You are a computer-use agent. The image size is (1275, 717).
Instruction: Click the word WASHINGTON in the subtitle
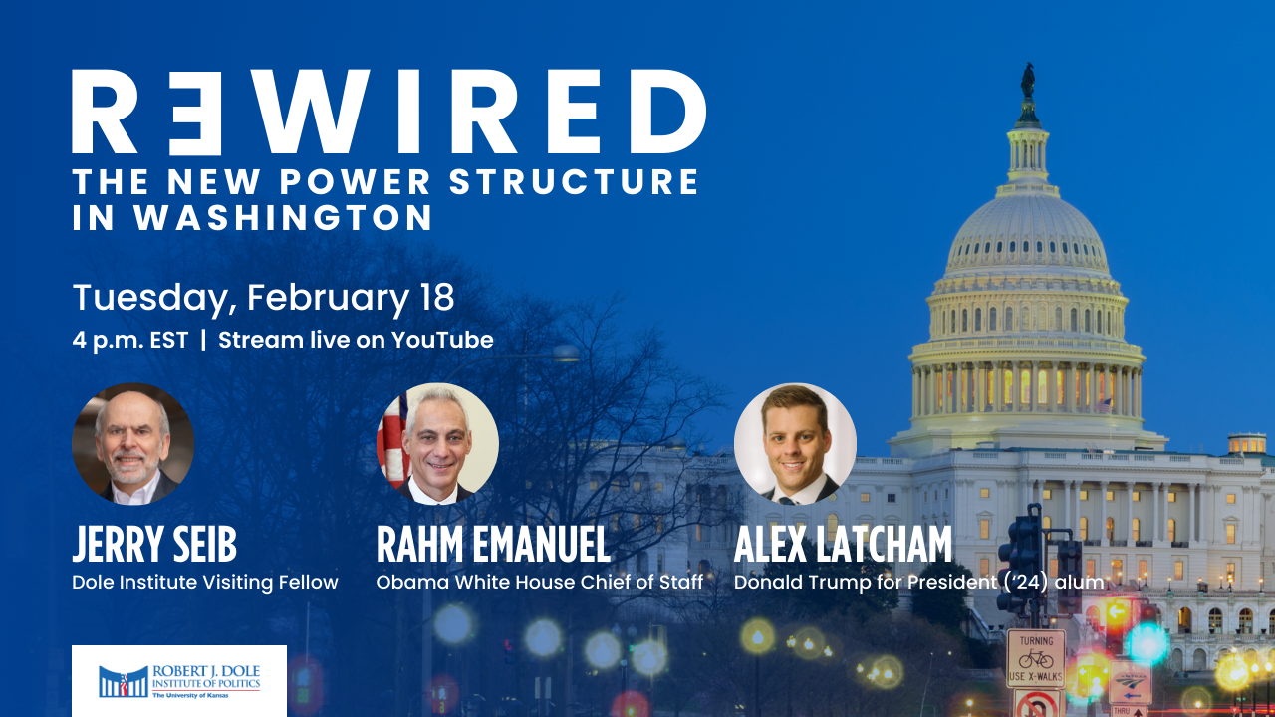(x=284, y=217)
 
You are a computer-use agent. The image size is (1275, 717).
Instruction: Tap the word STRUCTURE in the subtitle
(x=574, y=181)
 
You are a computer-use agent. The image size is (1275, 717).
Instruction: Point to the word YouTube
(x=442, y=340)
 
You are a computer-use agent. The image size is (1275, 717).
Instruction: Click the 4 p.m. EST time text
(x=129, y=341)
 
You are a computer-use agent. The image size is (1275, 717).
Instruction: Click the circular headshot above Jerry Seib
(x=133, y=444)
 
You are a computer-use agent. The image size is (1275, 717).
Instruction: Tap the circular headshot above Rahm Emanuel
(x=437, y=444)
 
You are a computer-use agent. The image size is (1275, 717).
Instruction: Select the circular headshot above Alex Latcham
(x=795, y=444)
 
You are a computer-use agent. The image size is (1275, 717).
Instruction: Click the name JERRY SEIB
(x=154, y=544)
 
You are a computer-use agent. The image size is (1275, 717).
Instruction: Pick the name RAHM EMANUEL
(x=493, y=544)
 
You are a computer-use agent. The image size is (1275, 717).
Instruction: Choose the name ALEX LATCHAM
(x=843, y=544)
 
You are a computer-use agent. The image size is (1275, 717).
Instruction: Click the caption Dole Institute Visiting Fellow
(x=205, y=583)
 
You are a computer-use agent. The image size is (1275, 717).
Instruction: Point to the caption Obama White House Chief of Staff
(x=540, y=583)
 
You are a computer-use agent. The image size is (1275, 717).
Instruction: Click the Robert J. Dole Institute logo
(x=179, y=680)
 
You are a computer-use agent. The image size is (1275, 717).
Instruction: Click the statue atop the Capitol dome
(x=1027, y=81)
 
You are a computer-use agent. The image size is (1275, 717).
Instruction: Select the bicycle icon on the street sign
(x=1036, y=659)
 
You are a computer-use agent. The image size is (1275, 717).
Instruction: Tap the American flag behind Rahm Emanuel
(x=392, y=438)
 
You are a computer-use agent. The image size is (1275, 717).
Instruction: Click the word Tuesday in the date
(x=150, y=298)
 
